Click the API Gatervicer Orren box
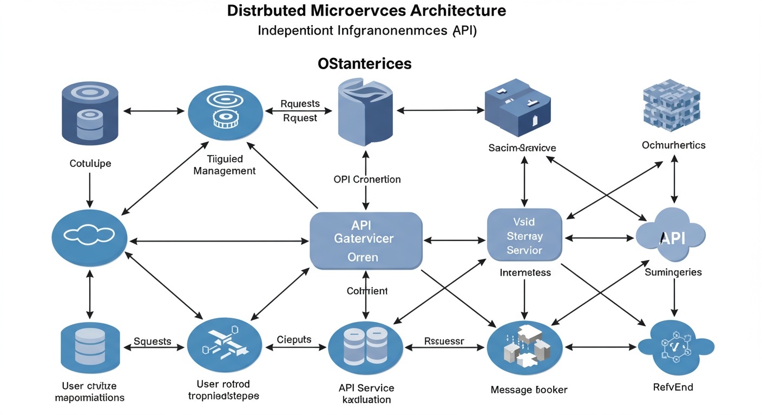(366, 240)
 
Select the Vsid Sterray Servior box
(524, 236)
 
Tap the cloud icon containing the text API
(671, 237)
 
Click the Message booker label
(529, 389)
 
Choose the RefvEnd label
(673, 387)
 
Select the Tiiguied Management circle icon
(226, 111)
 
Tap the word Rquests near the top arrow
(300, 103)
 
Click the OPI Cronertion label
(367, 179)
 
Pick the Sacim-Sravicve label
(522, 147)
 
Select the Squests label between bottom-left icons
(152, 341)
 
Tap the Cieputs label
(294, 339)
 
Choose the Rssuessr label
(443, 341)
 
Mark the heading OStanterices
(364, 63)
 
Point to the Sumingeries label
(673, 272)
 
